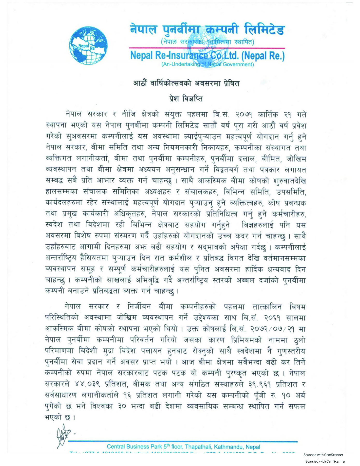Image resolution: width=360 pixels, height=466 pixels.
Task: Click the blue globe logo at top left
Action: click(x=88, y=46)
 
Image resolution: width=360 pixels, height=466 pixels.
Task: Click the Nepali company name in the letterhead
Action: click(x=207, y=29)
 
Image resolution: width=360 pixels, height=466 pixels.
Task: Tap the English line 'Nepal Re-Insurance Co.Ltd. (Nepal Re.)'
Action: click(x=207, y=55)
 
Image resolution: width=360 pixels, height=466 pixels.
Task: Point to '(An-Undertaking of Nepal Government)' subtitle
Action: click(x=207, y=64)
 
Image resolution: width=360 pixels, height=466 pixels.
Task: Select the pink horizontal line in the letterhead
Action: click(x=207, y=48)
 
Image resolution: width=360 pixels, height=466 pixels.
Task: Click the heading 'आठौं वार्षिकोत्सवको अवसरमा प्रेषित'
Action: click(x=186, y=83)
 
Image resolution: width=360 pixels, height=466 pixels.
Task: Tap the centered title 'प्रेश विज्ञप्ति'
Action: click(x=186, y=99)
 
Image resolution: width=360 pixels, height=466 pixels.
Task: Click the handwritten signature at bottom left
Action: click(x=63, y=438)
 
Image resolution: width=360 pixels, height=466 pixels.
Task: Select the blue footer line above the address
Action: click(x=183, y=441)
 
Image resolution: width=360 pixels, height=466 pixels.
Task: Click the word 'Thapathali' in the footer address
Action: click(x=198, y=447)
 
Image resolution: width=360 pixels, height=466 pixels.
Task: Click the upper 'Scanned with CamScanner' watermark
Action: click(x=323, y=455)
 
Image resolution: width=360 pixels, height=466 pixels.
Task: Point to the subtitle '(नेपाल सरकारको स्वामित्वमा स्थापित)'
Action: click(x=207, y=42)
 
